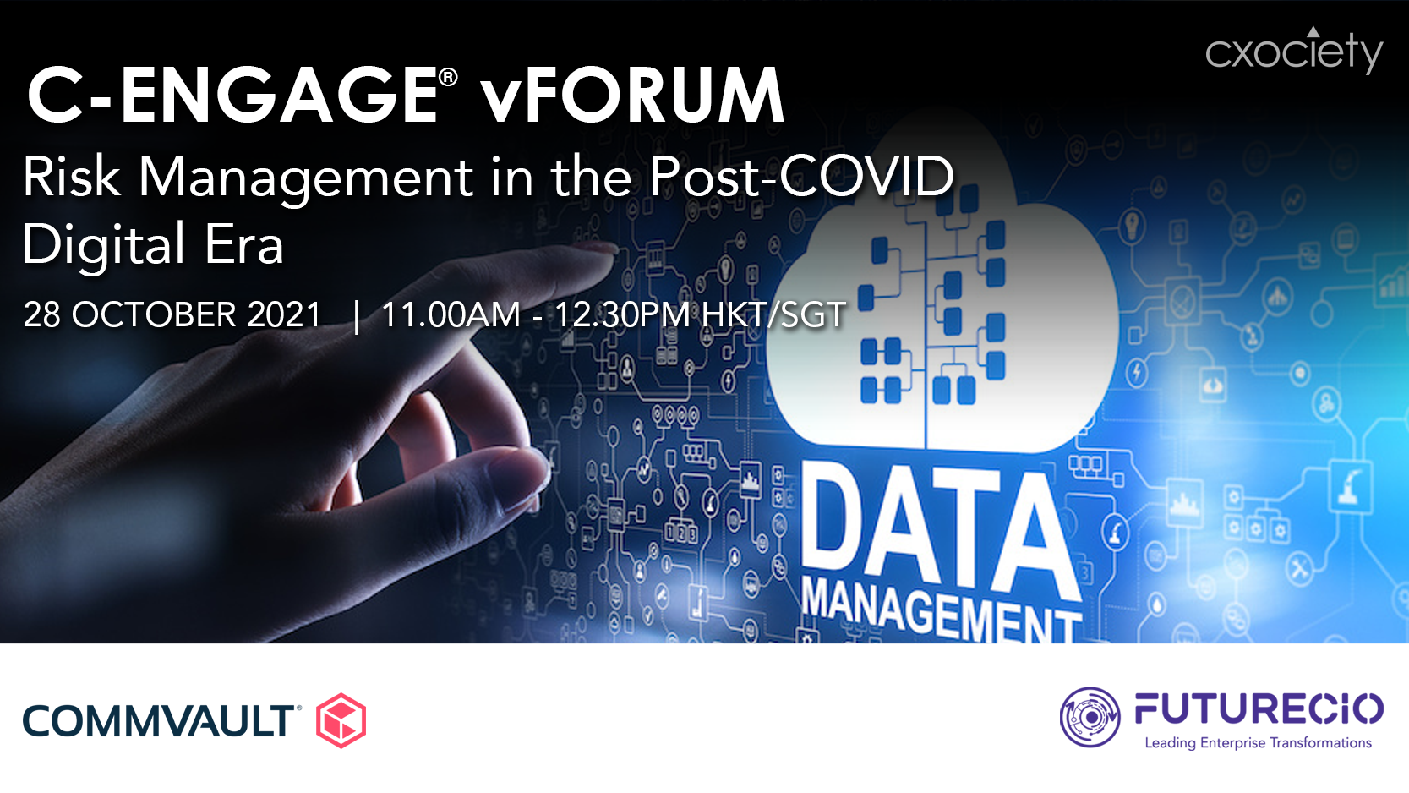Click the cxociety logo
click(x=1294, y=50)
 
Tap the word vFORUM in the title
click(x=633, y=96)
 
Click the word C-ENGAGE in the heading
click(x=232, y=96)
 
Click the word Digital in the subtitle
click(x=104, y=245)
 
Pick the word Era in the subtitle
click(x=244, y=244)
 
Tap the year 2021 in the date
click(x=284, y=314)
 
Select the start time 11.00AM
click(x=451, y=314)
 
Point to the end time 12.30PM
click(x=622, y=314)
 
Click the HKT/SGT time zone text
click(x=773, y=314)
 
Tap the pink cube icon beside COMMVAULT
click(x=341, y=720)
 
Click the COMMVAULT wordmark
click(x=159, y=721)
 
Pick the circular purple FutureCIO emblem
click(x=1090, y=718)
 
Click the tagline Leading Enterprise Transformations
click(x=1258, y=742)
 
